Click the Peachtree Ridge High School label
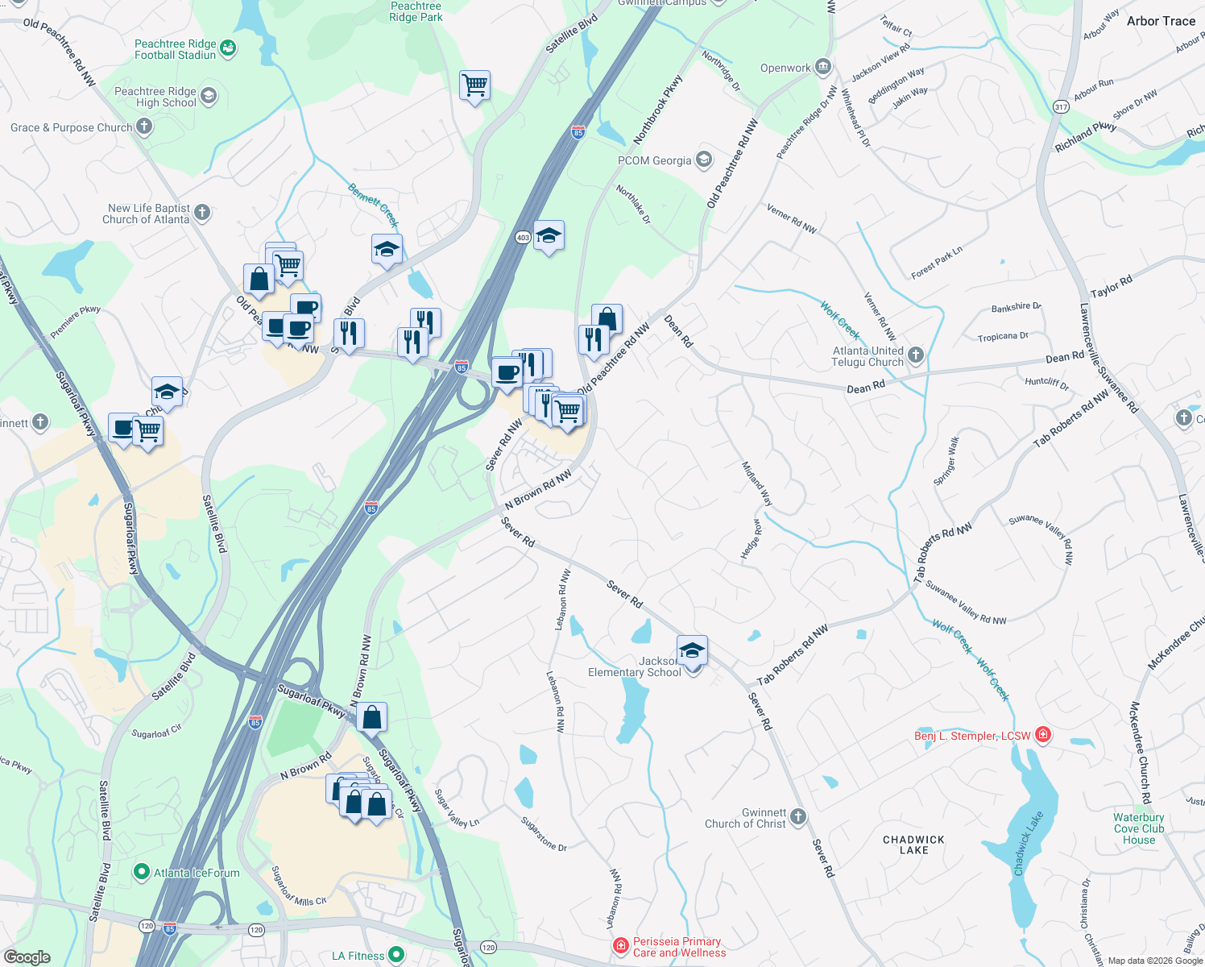[155, 97]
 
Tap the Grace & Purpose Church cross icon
[144, 127]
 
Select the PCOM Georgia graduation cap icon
[705, 159]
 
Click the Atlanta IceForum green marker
[142, 872]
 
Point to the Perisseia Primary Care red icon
[620, 946]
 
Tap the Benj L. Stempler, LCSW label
[972, 736]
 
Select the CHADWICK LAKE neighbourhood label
[913, 845]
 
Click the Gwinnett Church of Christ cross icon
[798, 817]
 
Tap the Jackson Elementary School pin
[693, 650]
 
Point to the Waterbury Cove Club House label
[1138, 828]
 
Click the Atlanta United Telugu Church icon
[916, 355]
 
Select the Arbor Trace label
[1161, 21]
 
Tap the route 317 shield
[1061, 106]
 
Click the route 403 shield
[523, 237]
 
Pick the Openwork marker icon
[823, 67]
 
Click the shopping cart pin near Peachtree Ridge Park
[474, 85]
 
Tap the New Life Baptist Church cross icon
[202, 213]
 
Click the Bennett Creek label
[374, 205]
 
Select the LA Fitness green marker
[396, 955]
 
